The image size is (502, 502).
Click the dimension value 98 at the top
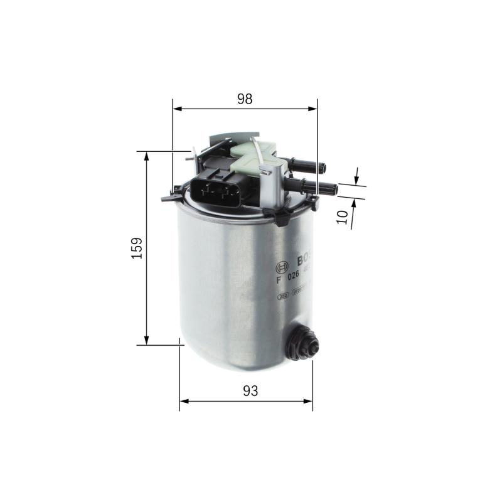pos(245,99)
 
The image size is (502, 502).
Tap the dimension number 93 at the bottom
pos(250,390)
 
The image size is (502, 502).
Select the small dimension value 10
pos(342,217)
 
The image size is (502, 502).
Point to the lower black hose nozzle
pos(314,186)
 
